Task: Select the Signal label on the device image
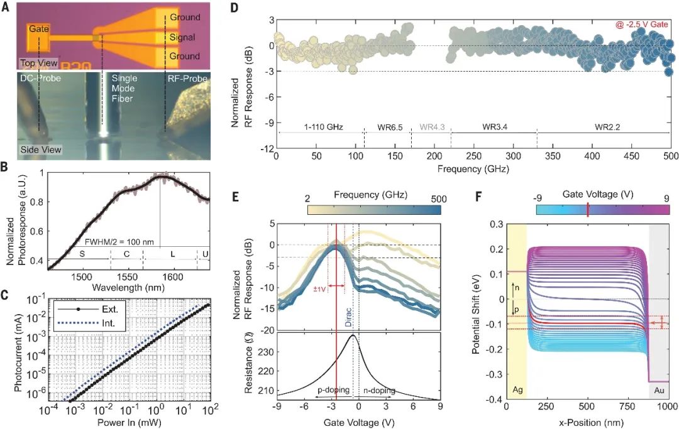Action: click(x=182, y=37)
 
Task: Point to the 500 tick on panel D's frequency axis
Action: click(x=671, y=156)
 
